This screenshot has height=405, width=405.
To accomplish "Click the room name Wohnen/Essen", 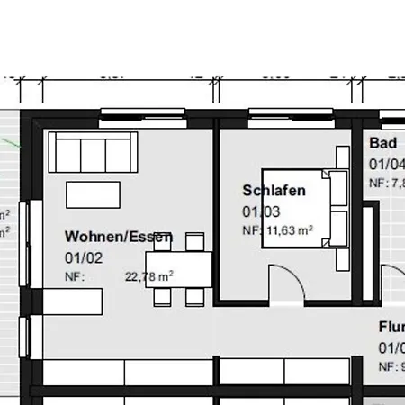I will click(118, 237).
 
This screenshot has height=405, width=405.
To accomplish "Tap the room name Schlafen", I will click(274, 191).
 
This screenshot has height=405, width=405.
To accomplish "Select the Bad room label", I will click(382, 144).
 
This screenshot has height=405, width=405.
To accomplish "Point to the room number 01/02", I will click(85, 256).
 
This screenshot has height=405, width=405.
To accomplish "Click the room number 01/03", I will click(261, 212).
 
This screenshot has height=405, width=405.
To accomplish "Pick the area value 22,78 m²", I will click(149, 276).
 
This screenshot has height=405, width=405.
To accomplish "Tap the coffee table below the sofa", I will click(91, 195).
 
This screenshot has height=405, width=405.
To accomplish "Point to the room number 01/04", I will click(386, 164).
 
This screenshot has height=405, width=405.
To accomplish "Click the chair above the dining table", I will click(194, 241).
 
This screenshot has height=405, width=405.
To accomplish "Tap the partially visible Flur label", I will click(391, 328).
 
